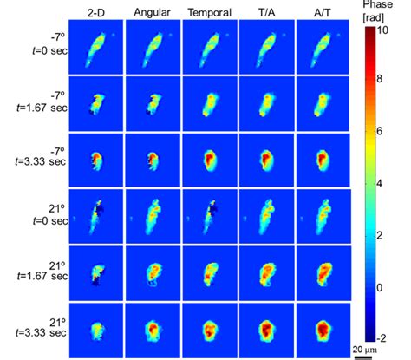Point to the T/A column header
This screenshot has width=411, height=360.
coord(265,11)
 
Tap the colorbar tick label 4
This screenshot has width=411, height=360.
coord(392,184)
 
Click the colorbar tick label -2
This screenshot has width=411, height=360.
coord(393,339)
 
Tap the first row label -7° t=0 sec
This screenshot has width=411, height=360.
coord(48,47)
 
